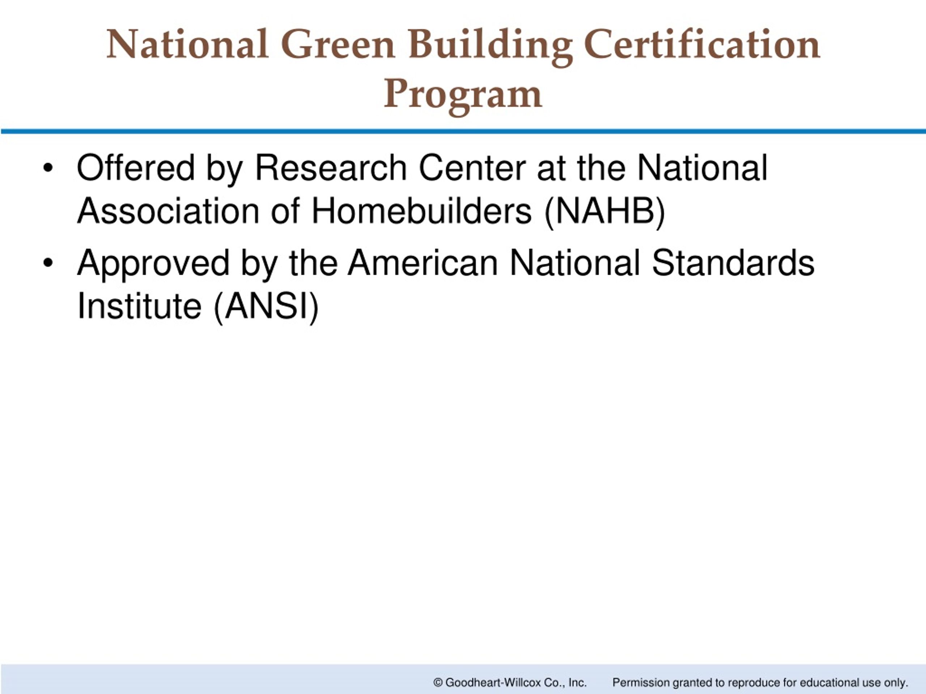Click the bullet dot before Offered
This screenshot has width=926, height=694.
click(x=48, y=168)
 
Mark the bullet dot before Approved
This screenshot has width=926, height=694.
click(x=48, y=263)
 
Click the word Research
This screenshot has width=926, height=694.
click(x=331, y=168)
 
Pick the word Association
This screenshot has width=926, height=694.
click(x=168, y=211)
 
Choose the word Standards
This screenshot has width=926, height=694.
click(x=733, y=263)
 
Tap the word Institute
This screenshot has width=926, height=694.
click(x=139, y=306)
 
